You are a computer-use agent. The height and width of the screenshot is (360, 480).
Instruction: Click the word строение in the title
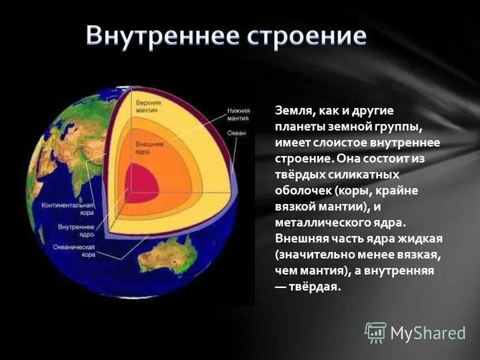pos(305,37)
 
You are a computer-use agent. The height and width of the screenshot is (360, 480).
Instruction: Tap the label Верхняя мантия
pos(148,106)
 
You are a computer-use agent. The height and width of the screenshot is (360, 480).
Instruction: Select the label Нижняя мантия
pos(238,114)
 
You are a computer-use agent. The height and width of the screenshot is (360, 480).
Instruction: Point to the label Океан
pos(236,133)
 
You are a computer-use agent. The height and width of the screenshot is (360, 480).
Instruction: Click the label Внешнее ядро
pos(147,148)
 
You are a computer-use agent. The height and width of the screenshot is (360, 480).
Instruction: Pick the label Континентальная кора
pos(67,208)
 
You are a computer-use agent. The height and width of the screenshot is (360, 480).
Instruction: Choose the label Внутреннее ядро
pos(76,230)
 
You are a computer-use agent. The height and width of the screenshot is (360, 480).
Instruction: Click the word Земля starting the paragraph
pos(292,111)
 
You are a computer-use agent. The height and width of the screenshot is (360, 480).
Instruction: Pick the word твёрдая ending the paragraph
pos(318,286)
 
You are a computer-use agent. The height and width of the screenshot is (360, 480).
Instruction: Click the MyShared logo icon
pos(376,331)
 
